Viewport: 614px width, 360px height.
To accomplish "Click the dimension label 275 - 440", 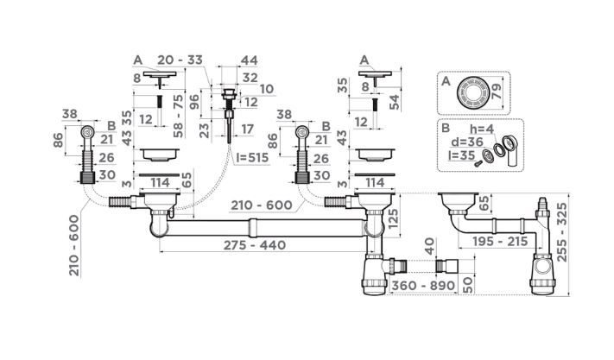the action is [x=255, y=245].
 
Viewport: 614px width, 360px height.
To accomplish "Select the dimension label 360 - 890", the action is [x=423, y=286].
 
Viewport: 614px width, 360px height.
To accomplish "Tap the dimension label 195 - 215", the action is [x=501, y=242].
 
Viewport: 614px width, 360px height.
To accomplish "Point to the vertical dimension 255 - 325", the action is [x=561, y=232].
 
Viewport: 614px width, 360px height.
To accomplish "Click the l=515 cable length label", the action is [x=252, y=158].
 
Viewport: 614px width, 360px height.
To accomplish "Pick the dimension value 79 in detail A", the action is [x=496, y=92].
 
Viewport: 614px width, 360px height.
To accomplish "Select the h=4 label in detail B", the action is [x=482, y=128].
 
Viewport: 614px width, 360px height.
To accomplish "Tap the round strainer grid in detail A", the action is [x=472, y=92].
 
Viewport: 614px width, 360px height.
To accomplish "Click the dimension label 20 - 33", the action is [x=180, y=60].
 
